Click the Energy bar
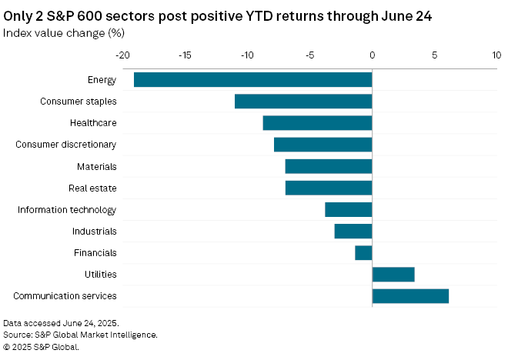tap(252, 80)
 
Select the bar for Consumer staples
tap(303, 102)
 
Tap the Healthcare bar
tap(317, 123)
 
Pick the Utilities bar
tap(393, 274)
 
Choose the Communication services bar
tap(410, 296)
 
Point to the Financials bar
tap(363, 252)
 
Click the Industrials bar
tap(353, 231)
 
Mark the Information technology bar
tap(349, 209)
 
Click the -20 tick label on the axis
tap(122, 55)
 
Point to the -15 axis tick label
tap(185, 55)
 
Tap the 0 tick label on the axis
tap(372, 55)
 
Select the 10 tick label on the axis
tap(496, 55)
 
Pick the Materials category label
tap(96, 166)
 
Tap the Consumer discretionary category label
tap(66, 145)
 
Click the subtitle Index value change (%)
tap(64, 32)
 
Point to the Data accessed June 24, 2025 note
tap(61, 323)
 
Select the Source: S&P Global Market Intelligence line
tap(80, 335)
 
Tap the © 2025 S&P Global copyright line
tap(41, 347)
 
